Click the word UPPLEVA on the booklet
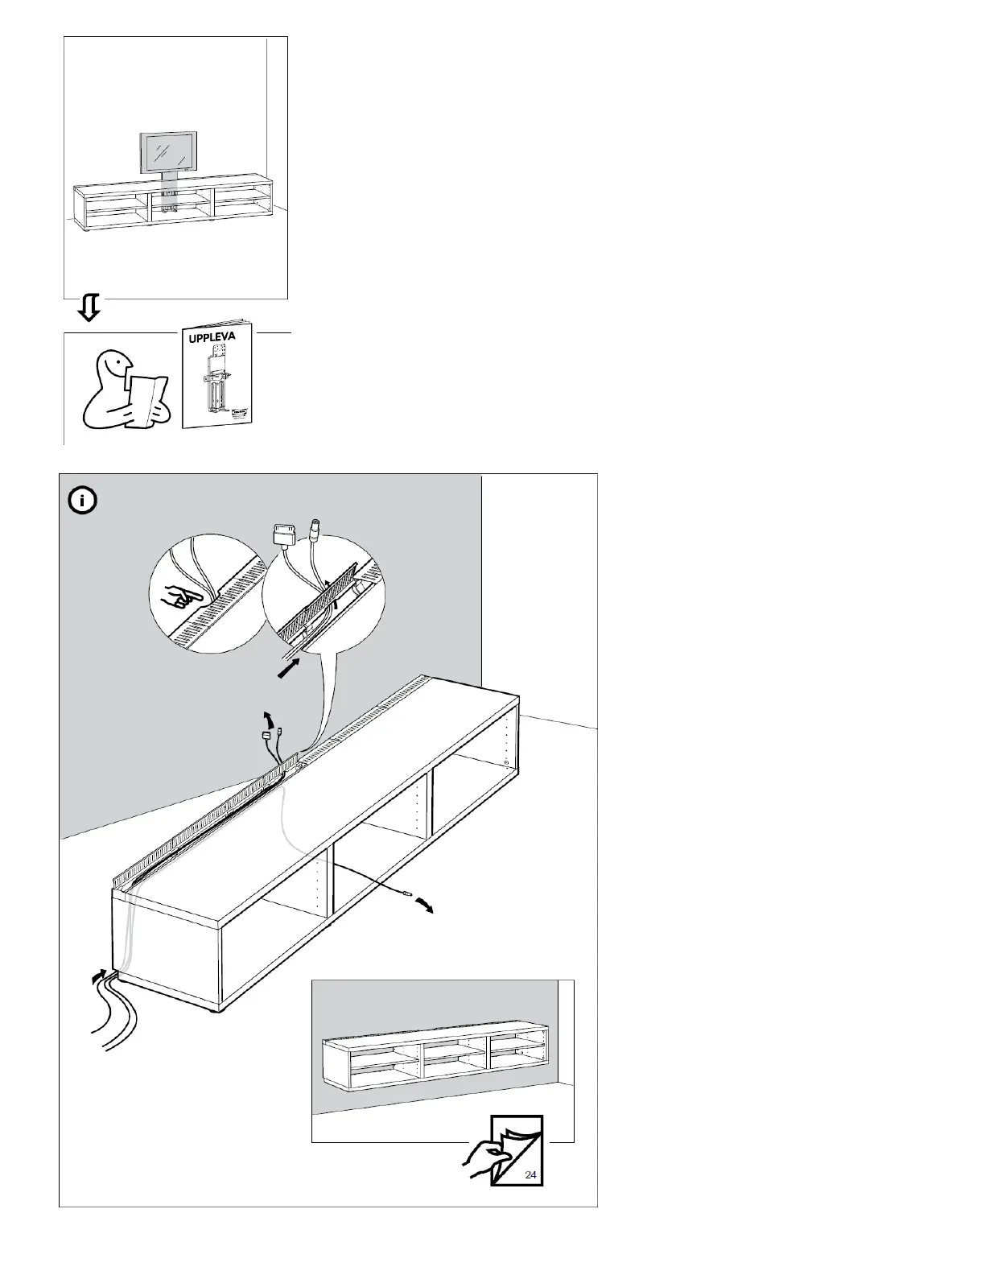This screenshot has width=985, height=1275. tap(212, 336)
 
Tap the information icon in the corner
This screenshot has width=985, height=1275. tap(82, 501)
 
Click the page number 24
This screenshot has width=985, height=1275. tap(530, 1174)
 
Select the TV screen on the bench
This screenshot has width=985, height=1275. tap(168, 152)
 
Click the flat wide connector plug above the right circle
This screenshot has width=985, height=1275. tap(284, 534)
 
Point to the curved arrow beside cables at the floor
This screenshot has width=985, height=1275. tap(98, 976)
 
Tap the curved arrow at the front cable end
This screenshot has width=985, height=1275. tap(423, 906)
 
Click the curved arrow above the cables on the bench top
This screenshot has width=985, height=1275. tap(270, 717)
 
